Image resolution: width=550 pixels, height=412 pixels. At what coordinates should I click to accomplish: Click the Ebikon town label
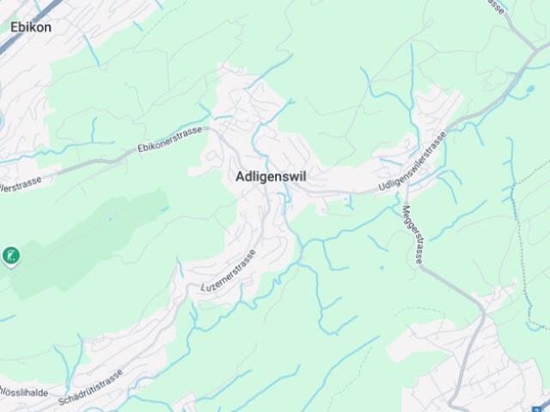[31, 27]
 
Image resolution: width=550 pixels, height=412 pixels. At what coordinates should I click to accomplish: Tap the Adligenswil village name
[270, 176]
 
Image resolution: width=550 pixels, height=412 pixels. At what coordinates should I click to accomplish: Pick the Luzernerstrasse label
[228, 271]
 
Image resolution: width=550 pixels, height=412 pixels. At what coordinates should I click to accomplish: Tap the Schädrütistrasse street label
[92, 386]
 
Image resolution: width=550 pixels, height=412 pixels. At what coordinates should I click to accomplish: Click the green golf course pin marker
[10, 256]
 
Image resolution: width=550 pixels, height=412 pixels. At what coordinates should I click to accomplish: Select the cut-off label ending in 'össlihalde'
[23, 392]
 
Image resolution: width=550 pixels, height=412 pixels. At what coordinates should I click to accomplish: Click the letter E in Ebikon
[15, 27]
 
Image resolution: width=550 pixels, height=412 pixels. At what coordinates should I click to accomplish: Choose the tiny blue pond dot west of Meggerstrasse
[348, 203]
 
